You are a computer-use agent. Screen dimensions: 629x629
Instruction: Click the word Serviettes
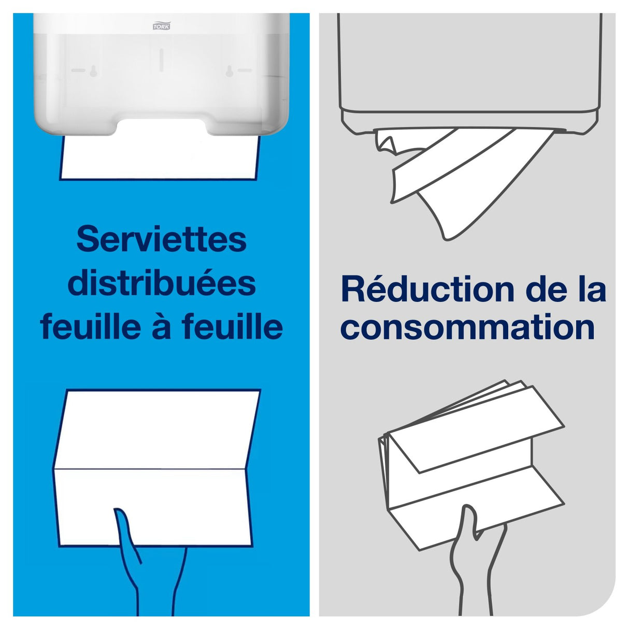point(161,239)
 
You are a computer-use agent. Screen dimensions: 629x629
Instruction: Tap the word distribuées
point(162,283)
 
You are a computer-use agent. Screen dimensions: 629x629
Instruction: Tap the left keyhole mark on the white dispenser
point(92,70)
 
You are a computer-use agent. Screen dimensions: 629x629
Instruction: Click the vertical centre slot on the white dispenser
point(161,59)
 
